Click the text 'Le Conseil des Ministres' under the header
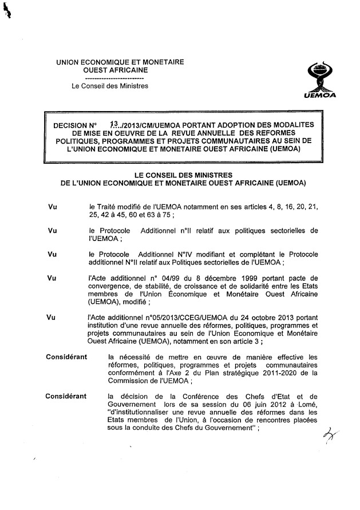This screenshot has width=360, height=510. [109, 86]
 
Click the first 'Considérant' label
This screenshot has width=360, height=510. [66, 357]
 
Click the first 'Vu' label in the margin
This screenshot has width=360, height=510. [54, 204]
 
